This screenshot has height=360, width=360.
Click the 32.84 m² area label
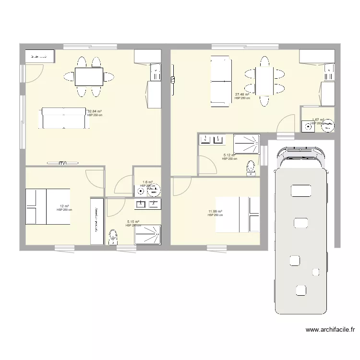click(x=94, y=111)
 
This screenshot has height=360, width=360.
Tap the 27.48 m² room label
click(x=242, y=95)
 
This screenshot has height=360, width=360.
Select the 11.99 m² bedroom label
click(x=215, y=212)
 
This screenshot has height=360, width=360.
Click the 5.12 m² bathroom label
click(x=229, y=155)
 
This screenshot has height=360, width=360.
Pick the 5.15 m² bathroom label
click(x=132, y=222)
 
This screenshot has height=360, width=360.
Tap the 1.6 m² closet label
click(x=147, y=182)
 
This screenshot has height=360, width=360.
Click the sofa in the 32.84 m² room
click(x=64, y=118)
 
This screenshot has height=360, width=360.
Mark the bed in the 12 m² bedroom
click(x=48, y=206)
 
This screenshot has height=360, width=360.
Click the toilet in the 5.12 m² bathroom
click(x=250, y=168)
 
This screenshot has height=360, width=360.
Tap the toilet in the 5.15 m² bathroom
click(x=113, y=237)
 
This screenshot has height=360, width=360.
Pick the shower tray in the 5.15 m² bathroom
click(x=149, y=235)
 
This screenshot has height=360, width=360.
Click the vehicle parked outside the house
click(x=301, y=230)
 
